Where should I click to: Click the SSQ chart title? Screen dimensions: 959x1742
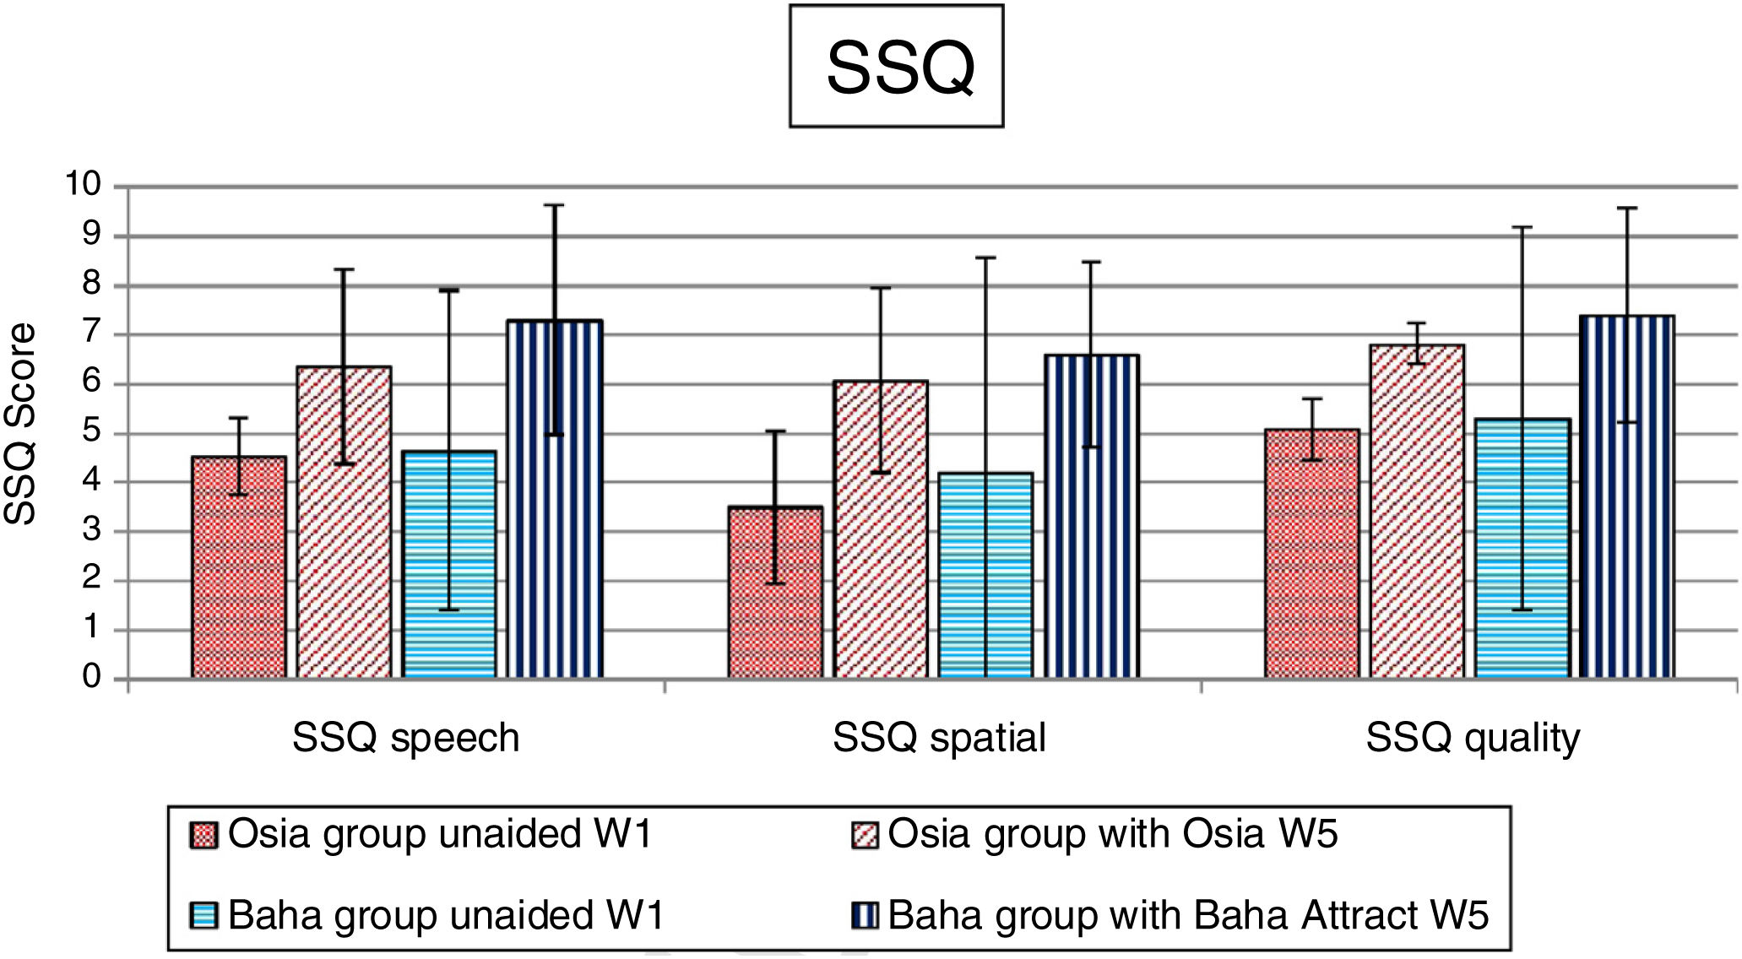coord(897,67)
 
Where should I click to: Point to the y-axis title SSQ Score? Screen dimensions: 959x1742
coord(20,424)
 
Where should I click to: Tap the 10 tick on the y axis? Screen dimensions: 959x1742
coord(83,183)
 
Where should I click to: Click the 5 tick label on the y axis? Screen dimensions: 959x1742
coord(90,433)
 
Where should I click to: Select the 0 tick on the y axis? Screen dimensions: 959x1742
coord(91,677)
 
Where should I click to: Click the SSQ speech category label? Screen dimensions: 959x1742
coord(405,738)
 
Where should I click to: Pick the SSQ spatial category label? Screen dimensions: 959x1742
coord(939,738)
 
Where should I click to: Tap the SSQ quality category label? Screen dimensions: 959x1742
coord(1473,738)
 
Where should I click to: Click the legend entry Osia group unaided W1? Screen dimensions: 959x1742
coord(422,834)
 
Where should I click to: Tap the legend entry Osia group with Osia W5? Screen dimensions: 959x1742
coord(1095,834)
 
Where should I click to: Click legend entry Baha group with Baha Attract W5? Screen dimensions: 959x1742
coord(1170,915)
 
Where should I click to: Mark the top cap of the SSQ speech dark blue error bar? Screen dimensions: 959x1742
coord(554,205)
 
